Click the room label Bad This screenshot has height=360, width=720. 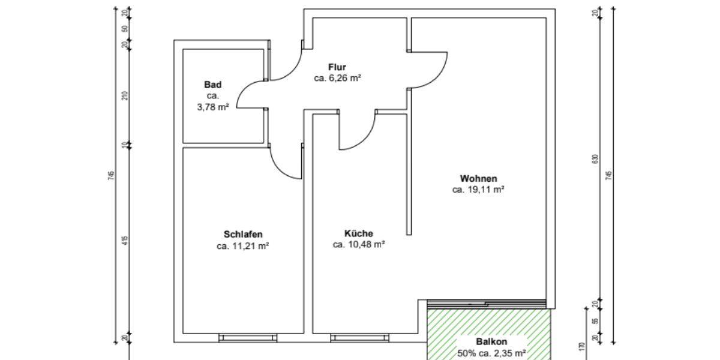tap(212, 85)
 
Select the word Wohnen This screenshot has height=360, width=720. tap(478, 178)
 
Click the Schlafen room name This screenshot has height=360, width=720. tap(243, 234)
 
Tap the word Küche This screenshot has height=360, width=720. tap(359, 233)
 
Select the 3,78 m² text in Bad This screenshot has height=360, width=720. tap(212, 107)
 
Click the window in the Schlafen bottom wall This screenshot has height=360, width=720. tap(247, 338)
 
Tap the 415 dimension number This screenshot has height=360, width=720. tap(125, 241)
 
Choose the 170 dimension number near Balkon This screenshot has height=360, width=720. tap(581, 346)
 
